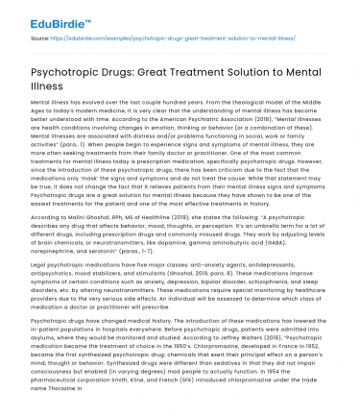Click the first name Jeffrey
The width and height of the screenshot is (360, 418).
[x=250, y=351]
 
